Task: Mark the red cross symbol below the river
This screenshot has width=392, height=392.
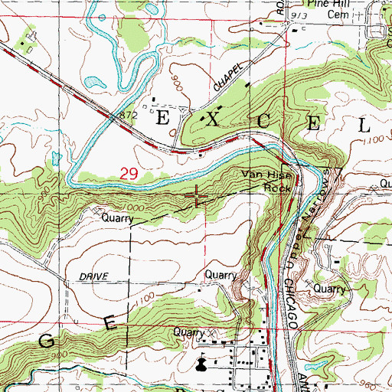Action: click(x=198, y=198)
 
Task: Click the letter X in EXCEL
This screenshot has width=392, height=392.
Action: click(x=211, y=121)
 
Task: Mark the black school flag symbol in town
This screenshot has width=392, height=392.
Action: click(x=201, y=364)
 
